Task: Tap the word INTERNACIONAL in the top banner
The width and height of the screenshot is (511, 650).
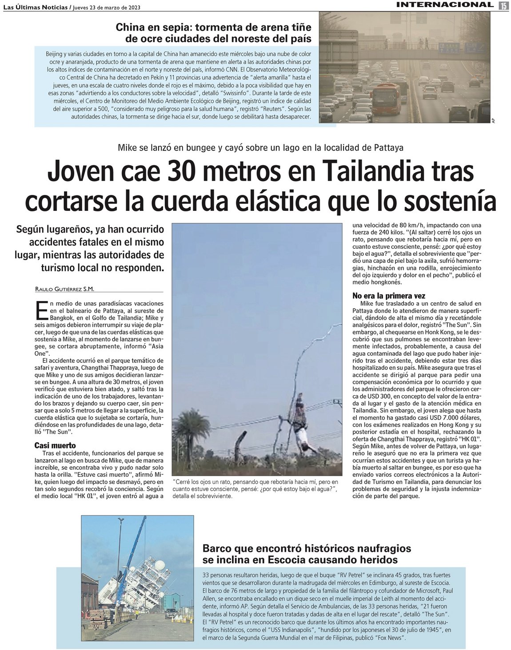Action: coord(445,5)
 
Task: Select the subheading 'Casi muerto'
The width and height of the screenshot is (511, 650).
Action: coord(55,445)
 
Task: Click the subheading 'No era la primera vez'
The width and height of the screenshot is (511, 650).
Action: coord(389,296)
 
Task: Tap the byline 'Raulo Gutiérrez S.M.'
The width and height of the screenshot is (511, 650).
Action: coord(64,289)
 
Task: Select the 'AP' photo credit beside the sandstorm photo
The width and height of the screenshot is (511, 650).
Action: coord(493,120)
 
